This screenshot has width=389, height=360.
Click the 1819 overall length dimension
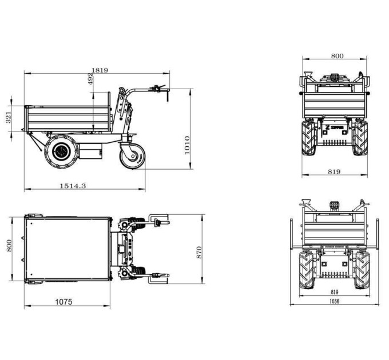(x=100, y=70)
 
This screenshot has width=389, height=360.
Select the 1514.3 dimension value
(x=73, y=186)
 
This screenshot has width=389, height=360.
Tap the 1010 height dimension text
(x=187, y=145)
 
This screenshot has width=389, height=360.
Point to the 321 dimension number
(x=9, y=118)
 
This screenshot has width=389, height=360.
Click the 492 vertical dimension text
(x=91, y=79)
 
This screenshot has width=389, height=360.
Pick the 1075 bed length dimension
(x=63, y=302)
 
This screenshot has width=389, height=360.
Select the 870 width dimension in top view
(x=199, y=253)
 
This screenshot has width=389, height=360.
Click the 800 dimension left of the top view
(x=9, y=246)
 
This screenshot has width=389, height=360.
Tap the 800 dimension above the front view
(x=338, y=56)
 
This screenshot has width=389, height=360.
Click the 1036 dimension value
(x=334, y=301)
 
